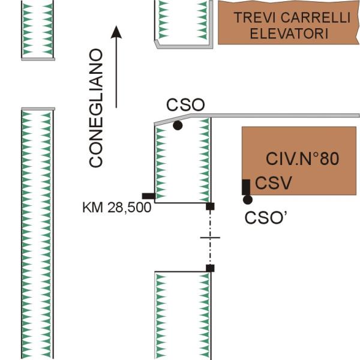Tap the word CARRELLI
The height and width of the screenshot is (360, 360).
click(x=316, y=17)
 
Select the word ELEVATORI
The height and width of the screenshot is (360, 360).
click(x=289, y=34)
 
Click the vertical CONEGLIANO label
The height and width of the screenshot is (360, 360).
click(x=95, y=108)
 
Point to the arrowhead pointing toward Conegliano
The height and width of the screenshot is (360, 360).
click(x=116, y=32)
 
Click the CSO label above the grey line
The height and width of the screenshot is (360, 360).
click(x=185, y=105)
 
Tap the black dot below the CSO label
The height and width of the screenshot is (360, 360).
click(x=178, y=125)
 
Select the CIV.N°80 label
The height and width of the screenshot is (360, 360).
click(x=302, y=158)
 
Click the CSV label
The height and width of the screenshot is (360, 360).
click(x=274, y=183)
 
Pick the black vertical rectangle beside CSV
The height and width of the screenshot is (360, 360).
click(x=246, y=187)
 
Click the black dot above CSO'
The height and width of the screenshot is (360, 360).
click(x=248, y=200)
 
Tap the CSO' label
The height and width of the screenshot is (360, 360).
click(x=266, y=218)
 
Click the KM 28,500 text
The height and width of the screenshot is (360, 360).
click(x=117, y=208)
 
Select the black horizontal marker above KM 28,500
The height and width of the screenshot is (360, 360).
click(x=149, y=196)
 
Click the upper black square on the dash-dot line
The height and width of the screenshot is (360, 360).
click(x=210, y=206)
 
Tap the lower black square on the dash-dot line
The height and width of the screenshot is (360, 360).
click(x=210, y=268)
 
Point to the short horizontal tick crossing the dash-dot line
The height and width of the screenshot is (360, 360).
click(x=210, y=238)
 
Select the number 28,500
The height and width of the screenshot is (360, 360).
click(x=130, y=208)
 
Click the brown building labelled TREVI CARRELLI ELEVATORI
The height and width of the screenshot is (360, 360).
click(x=289, y=23)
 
